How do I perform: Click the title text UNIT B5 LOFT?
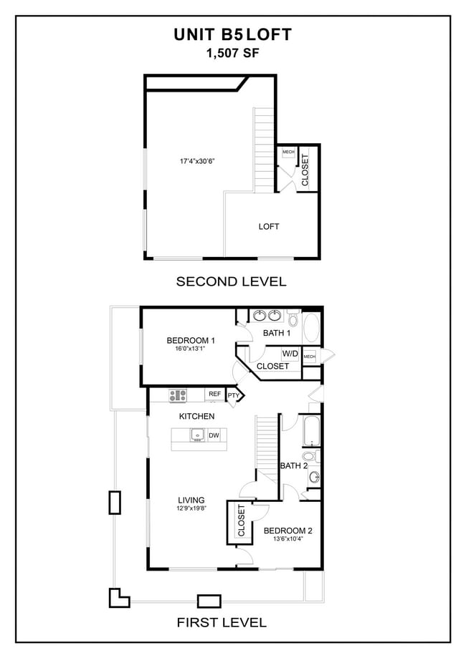click(232, 35)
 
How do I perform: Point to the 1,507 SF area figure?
click(232, 52)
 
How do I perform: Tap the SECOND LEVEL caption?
click(232, 281)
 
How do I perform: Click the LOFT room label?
click(269, 226)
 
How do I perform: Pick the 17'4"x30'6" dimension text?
click(198, 161)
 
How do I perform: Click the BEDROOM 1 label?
click(191, 340)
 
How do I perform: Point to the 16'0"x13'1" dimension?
click(190, 349)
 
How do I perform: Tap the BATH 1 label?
click(277, 333)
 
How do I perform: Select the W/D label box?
click(290, 354)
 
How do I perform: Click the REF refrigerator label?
click(214, 394)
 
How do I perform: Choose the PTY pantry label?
click(234, 395)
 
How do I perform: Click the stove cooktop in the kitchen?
click(178, 394)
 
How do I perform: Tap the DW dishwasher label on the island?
click(214, 435)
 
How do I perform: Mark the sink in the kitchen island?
click(196, 435)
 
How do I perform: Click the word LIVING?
click(191, 500)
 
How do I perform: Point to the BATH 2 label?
click(293, 465)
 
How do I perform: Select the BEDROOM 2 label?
click(287, 531)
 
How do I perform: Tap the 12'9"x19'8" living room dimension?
click(191, 509)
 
